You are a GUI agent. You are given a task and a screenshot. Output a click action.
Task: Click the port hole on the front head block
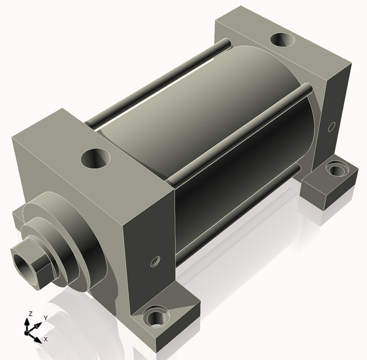(x=95, y=158)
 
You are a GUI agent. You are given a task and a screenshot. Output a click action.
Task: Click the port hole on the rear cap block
(x=283, y=40)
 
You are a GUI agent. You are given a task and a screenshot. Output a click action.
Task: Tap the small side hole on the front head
(x=155, y=261)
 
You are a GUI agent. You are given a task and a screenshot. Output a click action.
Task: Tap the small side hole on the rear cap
(x=331, y=127)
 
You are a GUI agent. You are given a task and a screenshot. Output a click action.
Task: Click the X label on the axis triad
(x=46, y=339)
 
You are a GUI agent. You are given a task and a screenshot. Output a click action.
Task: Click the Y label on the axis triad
(x=46, y=318)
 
